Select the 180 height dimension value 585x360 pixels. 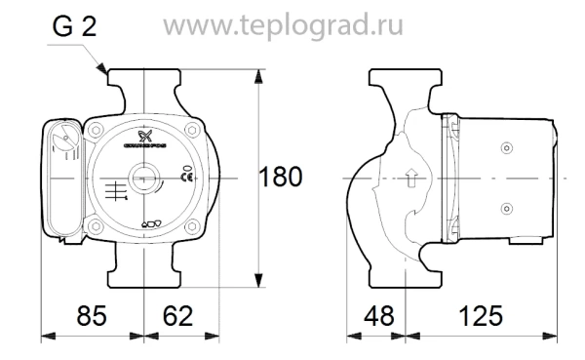coord(282,178)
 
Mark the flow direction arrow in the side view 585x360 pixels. coord(411,179)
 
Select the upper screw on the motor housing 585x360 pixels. coord(505,147)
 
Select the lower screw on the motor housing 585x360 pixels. coord(505,208)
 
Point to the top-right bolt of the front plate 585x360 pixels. coord(195,130)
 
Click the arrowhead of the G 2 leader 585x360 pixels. coord(106,73)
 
